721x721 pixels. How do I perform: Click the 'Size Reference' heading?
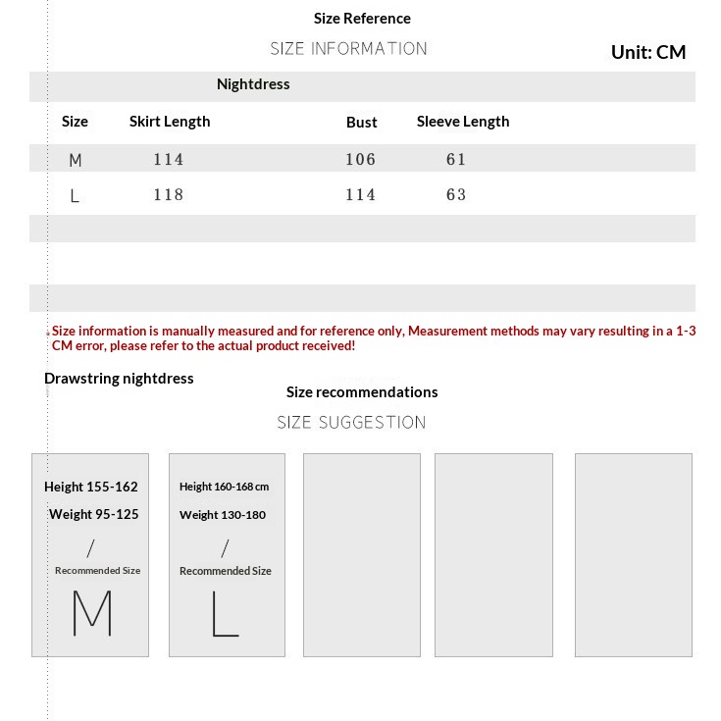pyautogui.click(x=362, y=19)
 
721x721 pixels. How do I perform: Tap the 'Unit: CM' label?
pyautogui.click(x=647, y=52)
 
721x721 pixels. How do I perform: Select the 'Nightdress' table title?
pyautogui.click(x=253, y=84)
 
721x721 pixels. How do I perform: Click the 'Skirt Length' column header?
pyautogui.click(x=170, y=122)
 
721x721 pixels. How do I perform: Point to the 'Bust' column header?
pyautogui.click(x=361, y=123)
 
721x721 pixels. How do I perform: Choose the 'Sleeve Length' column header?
pyautogui.click(x=463, y=122)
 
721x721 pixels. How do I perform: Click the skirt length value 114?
pyautogui.click(x=169, y=159)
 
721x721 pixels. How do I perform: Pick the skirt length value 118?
pyautogui.click(x=169, y=194)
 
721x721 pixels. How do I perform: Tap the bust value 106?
pyautogui.click(x=360, y=159)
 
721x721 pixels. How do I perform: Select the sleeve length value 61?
pyautogui.click(x=456, y=159)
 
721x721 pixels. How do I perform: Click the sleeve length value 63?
pyautogui.click(x=456, y=194)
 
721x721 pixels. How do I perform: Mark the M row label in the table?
pyautogui.click(x=76, y=160)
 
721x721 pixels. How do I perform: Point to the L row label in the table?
pyautogui.click(x=75, y=196)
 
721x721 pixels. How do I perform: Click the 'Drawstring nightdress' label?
pyautogui.click(x=119, y=379)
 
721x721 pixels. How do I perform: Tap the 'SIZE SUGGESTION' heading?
pyautogui.click(x=351, y=423)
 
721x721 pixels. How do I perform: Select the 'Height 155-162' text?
pyautogui.click(x=91, y=487)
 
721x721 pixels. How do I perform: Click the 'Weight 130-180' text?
pyautogui.click(x=223, y=515)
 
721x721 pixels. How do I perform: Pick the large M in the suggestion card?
pyautogui.click(x=92, y=613)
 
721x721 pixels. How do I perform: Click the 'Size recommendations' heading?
pyautogui.click(x=362, y=392)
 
